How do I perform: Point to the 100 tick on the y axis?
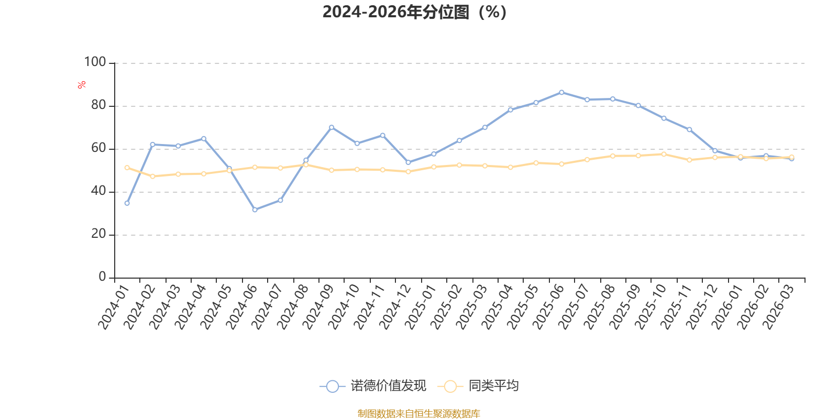pos(95,62)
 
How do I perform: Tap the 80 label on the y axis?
pos(99,105)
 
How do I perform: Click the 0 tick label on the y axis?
pos(103,277)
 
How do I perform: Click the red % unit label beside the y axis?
pos(82,85)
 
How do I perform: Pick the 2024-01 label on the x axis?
pos(113,307)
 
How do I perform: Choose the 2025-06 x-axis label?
pos(548,307)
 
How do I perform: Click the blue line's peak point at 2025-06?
pos(561,92)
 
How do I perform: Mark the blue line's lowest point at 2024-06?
pos(255,210)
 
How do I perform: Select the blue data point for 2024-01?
pos(127,203)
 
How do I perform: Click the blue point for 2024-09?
pos(332,128)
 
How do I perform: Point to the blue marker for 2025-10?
pos(664,118)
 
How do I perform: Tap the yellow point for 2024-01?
pos(127,168)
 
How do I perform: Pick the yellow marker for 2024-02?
pos(152,176)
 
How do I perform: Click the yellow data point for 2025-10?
pos(664,154)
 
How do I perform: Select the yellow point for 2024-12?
pos(408,172)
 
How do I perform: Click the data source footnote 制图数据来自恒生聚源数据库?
pos(418,413)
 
